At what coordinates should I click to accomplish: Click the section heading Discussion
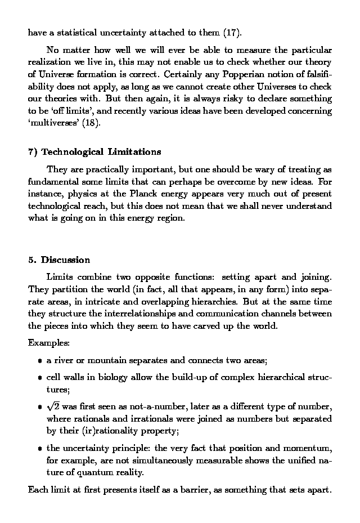click(x=65, y=260)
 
